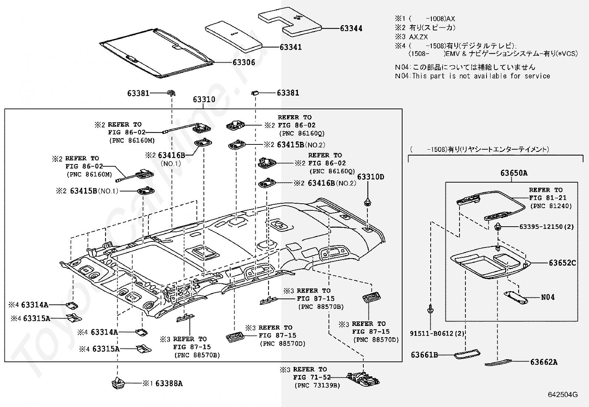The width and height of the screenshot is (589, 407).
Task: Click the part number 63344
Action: (351, 29)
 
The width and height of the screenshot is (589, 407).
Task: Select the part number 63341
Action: (290, 47)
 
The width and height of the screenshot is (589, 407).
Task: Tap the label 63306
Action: (244, 62)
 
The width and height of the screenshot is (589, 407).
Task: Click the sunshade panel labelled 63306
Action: (157, 53)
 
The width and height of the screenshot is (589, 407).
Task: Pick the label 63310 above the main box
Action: (204, 100)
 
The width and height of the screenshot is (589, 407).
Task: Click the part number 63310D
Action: (370, 177)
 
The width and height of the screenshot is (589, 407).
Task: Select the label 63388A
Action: (169, 383)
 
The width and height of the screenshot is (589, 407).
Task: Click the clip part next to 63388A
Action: (118, 383)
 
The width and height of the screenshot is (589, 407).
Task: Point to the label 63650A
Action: (514, 173)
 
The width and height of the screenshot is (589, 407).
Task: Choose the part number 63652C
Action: (562, 263)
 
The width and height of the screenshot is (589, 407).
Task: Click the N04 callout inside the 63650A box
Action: (548, 297)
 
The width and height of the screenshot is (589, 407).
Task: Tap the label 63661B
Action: (424, 355)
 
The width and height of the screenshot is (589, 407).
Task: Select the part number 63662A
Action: (544, 362)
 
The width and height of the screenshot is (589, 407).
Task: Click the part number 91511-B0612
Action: (431, 334)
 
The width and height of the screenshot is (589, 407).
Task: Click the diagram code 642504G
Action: (563, 395)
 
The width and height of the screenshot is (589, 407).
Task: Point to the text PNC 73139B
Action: (317, 386)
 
